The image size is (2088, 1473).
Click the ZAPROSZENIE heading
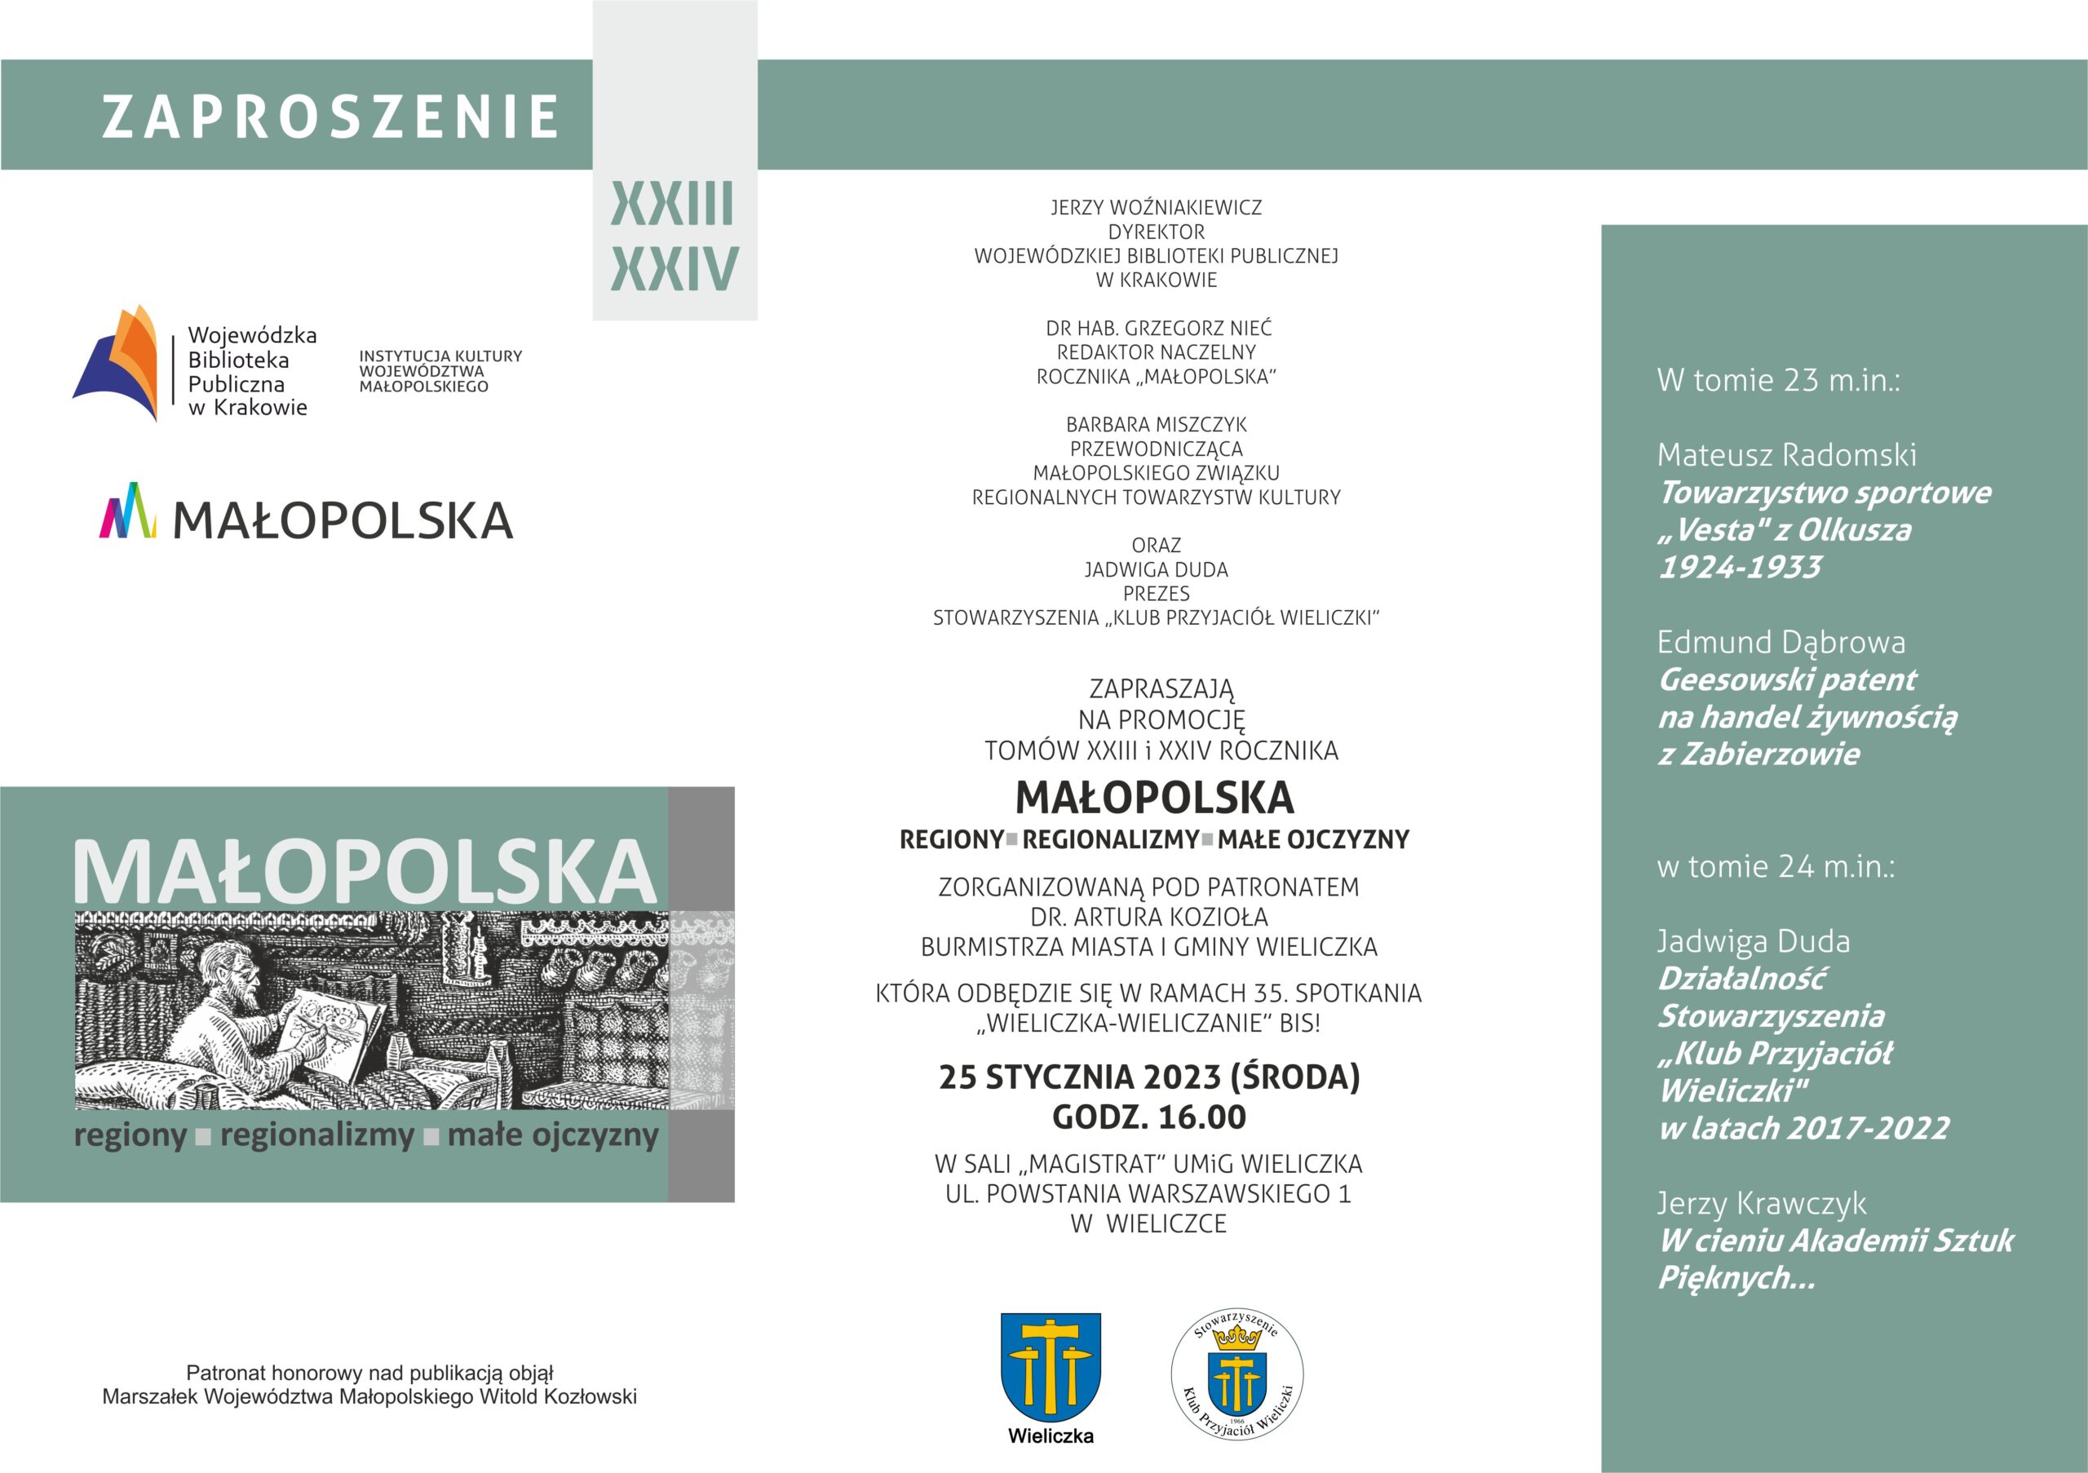coord(330,117)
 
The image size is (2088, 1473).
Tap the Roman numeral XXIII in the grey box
coord(672,204)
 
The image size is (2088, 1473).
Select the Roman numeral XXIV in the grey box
coord(674,268)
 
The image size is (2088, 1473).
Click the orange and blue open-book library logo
coord(117,363)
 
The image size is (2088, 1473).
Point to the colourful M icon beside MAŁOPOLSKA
coord(127,511)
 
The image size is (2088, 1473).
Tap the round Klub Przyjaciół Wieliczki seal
coord(1236,1373)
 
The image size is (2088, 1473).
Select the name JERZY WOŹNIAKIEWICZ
coord(1156,207)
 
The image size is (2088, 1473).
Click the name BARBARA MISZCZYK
coord(1156,425)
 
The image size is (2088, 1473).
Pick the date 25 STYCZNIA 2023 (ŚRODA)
coord(1149,1077)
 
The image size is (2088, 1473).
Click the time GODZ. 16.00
coord(1149,1117)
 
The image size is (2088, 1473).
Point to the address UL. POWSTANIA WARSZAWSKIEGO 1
coord(1148,1194)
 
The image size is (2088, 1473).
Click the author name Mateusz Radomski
coord(1786,454)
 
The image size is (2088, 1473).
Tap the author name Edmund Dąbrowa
coord(1781,643)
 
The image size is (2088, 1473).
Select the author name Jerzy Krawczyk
coord(1762,1204)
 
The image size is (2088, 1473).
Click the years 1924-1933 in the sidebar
coord(1740,568)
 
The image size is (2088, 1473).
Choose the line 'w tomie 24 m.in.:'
coord(1775,866)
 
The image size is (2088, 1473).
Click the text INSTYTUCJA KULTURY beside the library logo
coord(440,356)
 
